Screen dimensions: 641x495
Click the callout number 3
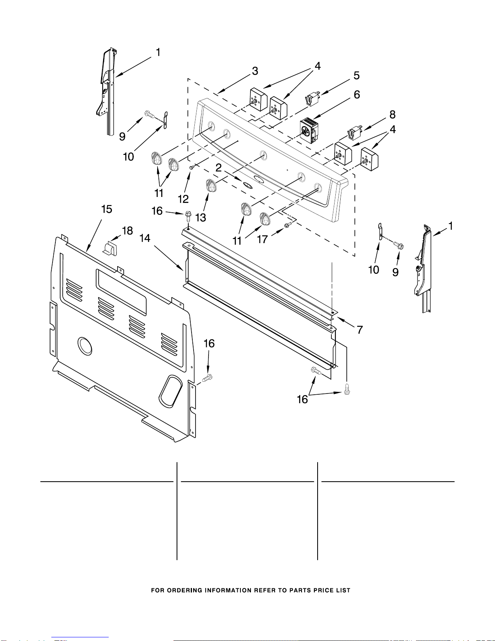click(255, 71)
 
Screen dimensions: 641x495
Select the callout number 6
click(357, 95)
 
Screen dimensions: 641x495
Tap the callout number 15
click(107, 209)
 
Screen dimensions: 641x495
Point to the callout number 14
click(145, 238)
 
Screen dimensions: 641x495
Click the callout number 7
click(360, 330)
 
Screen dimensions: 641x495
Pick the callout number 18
click(127, 231)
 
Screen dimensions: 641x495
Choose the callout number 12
click(183, 199)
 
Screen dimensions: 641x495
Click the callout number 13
click(200, 217)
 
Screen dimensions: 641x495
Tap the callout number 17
click(262, 239)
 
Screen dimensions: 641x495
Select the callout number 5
click(356, 76)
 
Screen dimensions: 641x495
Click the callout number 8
click(392, 114)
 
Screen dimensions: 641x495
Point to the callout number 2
click(218, 168)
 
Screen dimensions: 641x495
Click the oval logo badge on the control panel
click(248, 184)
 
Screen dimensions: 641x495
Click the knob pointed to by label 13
click(211, 186)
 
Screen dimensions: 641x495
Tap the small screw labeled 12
click(192, 167)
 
